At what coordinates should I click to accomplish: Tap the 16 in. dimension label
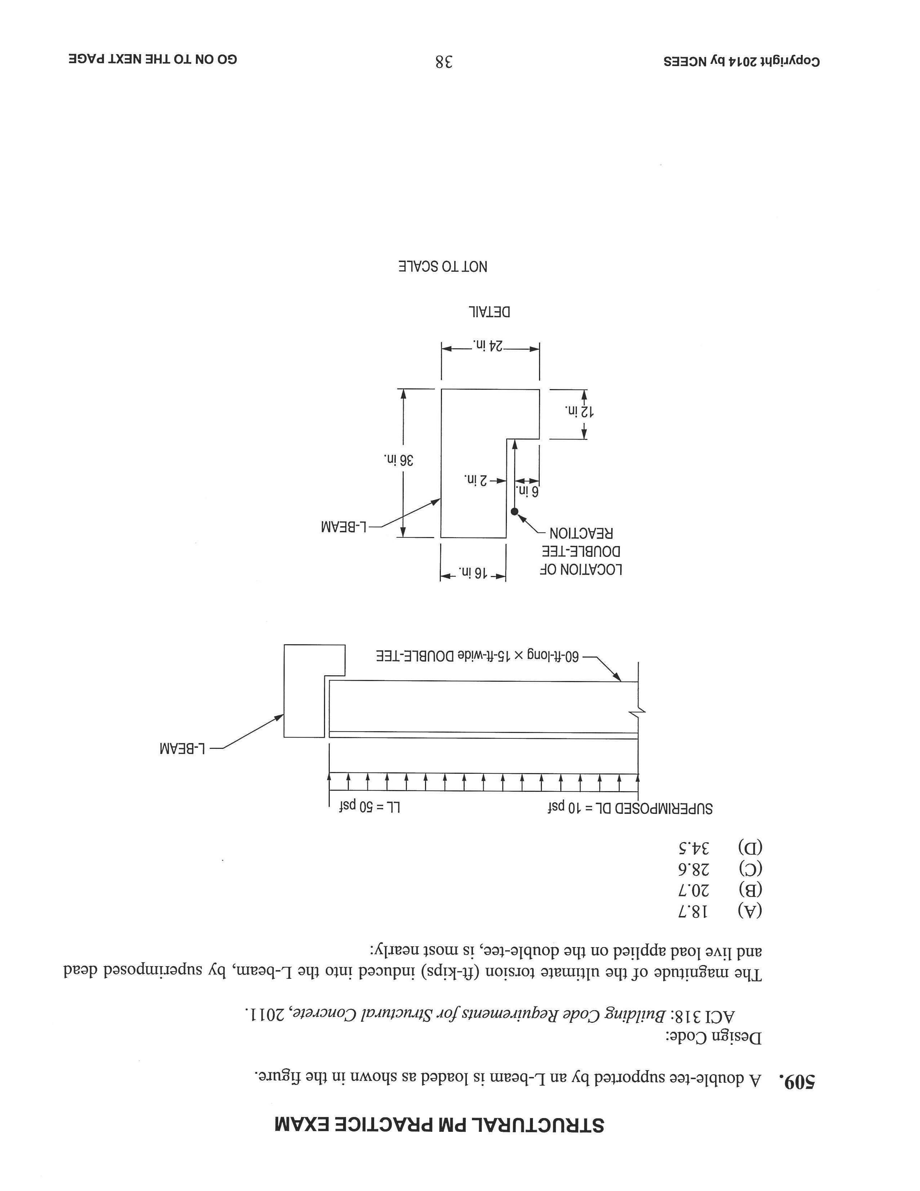pos(473,573)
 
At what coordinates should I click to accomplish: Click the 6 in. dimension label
pos(527,492)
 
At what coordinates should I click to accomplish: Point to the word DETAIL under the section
pos(490,313)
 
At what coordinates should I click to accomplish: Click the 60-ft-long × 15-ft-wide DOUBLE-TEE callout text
pos(477,656)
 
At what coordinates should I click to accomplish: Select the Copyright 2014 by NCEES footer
pos(741,61)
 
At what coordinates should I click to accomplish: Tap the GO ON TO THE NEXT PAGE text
pos(153,60)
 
